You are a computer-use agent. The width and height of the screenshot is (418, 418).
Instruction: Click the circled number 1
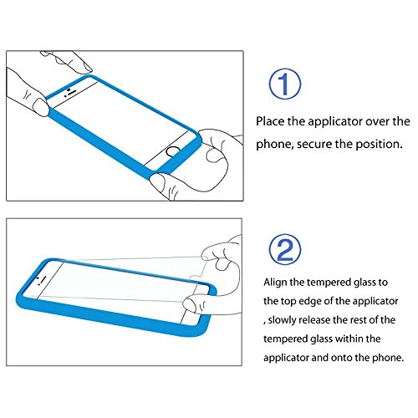285,84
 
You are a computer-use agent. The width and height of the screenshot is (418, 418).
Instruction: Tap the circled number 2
285,249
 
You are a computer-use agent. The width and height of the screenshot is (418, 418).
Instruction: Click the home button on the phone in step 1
172,151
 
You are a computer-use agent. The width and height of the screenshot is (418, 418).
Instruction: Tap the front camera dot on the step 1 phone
69,89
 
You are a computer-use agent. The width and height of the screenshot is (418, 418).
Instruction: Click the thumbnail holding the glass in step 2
191,303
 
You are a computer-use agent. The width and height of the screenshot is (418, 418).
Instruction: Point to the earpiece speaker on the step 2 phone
43,277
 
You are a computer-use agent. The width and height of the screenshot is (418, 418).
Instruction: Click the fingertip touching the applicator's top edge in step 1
86,68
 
